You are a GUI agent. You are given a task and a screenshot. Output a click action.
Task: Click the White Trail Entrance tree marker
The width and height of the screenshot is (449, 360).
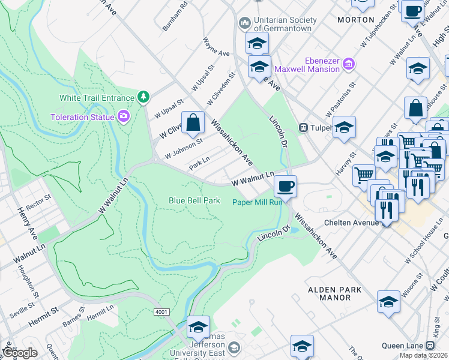pyautogui.click(x=143, y=97)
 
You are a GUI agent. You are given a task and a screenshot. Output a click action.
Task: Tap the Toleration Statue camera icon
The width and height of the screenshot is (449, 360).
pyautogui.click(x=124, y=116)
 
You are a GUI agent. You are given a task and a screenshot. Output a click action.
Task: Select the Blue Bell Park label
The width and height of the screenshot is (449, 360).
pyautogui.click(x=194, y=200)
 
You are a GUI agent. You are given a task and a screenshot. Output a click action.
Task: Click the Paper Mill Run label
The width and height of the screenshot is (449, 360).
pyautogui.click(x=257, y=202)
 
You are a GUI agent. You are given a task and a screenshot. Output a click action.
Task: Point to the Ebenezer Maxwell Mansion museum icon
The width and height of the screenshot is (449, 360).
pyautogui.click(x=349, y=64)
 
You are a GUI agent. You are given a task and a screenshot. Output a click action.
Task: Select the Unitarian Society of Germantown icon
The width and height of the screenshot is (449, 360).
pyautogui.click(x=244, y=23)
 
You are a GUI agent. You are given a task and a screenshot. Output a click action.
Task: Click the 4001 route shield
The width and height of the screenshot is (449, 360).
pyautogui.click(x=161, y=313)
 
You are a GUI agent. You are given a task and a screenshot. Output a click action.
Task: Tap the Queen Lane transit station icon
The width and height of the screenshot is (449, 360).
pyautogui.click(x=430, y=346)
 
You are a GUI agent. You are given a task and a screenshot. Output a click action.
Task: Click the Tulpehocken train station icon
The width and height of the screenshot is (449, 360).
pyautogui.click(x=304, y=127)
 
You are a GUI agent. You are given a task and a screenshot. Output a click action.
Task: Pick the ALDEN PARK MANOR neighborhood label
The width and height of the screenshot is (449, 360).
pyautogui.click(x=335, y=293)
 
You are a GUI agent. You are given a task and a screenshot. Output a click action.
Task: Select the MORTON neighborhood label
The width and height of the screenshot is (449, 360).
pyautogui.click(x=356, y=19)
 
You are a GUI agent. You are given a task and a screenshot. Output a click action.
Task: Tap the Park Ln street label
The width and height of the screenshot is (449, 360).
pyautogui.click(x=199, y=163)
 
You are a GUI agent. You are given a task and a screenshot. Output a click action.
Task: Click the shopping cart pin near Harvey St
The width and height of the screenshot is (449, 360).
pyautogui.click(x=363, y=175)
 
